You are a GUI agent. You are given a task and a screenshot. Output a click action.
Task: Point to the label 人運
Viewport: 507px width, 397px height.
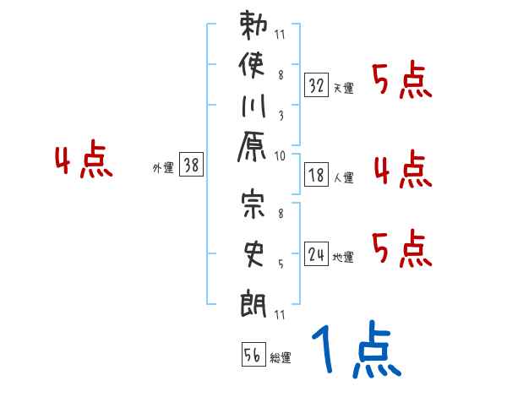pos(344,177)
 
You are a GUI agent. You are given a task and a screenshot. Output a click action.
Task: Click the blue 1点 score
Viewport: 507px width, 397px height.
pos(356,351)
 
